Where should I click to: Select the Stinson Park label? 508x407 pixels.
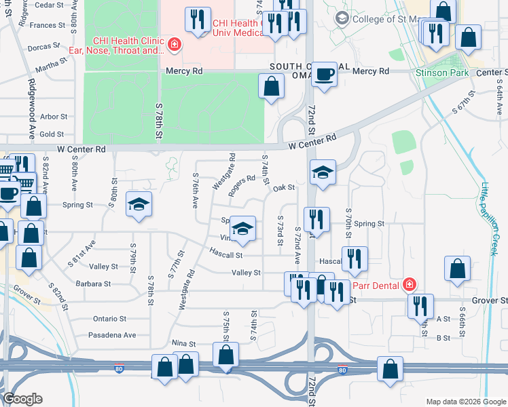(437, 71)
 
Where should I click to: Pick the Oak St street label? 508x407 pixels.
(283, 188)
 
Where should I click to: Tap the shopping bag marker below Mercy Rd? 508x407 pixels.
(271, 86)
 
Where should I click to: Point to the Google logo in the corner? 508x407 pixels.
(22, 399)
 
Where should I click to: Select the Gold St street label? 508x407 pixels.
(52, 134)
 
